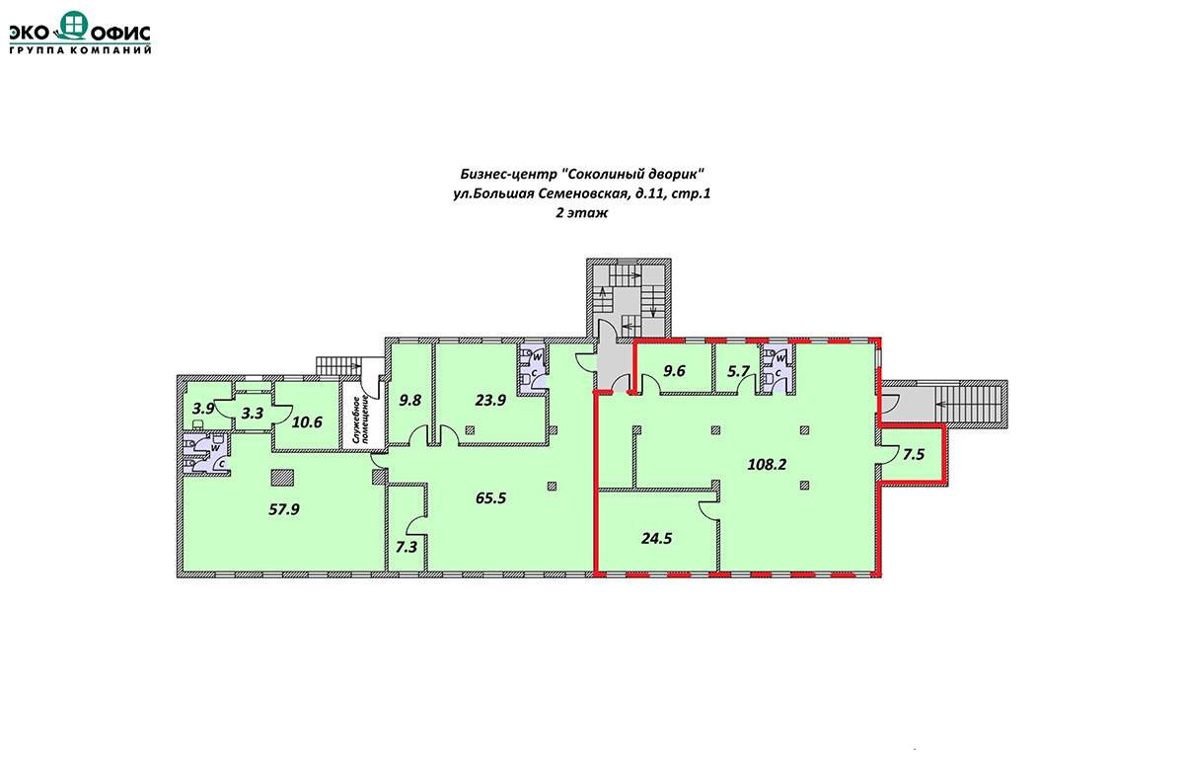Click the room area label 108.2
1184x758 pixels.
click(x=767, y=465)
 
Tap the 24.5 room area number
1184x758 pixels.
click(x=656, y=538)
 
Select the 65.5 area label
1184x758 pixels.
click(x=491, y=498)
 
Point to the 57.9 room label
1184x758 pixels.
click(x=284, y=509)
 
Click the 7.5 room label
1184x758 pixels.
click(x=914, y=455)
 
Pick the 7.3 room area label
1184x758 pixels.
click(x=407, y=547)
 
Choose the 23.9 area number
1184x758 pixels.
click(x=490, y=400)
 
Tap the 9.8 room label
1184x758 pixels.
click(x=410, y=400)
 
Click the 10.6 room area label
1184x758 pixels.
click(x=307, y=422)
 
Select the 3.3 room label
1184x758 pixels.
click(x=253, y=414)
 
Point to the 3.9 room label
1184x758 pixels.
click(x=203, y=409)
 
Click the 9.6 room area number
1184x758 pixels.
click(x=675, y=371)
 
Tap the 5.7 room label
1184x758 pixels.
click(x=738, y=372)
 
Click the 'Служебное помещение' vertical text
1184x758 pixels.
click(x=365, y=419)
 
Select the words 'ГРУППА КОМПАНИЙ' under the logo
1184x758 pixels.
click(x=80, y=50)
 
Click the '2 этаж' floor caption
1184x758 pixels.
click(x=581, y=213)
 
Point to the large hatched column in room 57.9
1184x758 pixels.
click(x=282, y=478)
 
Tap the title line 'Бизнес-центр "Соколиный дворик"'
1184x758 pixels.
click(x=582, y=174)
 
